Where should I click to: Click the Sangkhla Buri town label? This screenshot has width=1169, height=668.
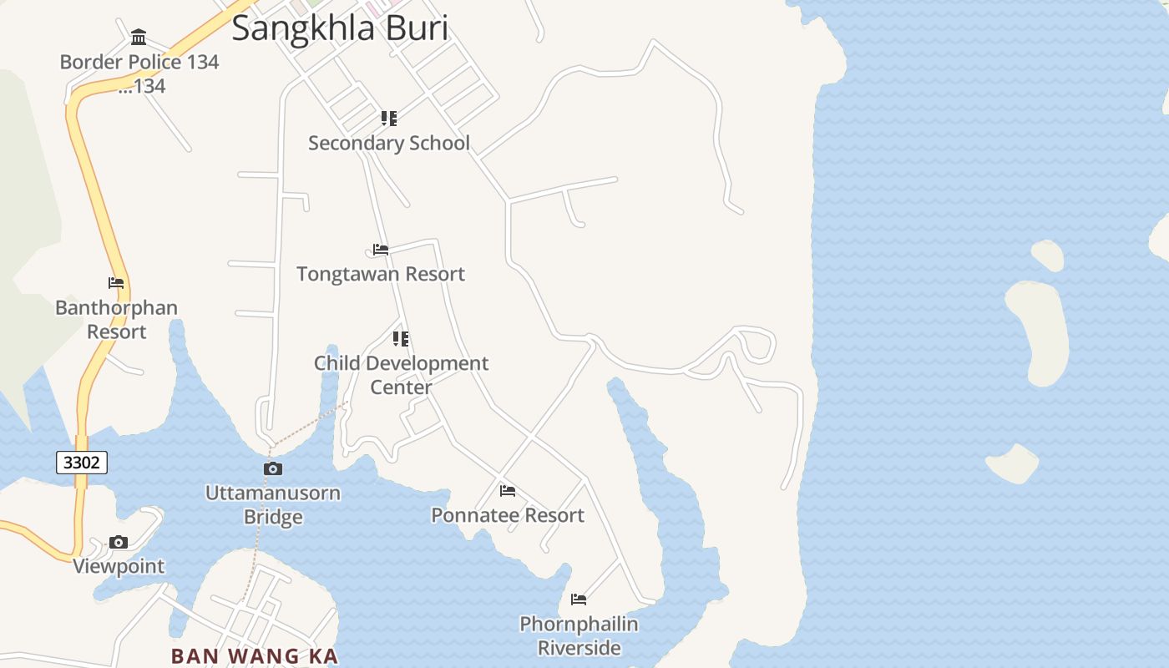click(340, 28)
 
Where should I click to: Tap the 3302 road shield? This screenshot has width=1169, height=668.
click(82, 462)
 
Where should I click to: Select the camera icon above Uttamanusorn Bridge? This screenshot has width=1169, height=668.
click(273, 468)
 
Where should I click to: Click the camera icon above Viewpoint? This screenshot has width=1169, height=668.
click(119, 542)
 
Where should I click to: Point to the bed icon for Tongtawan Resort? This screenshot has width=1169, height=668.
click(381, 250)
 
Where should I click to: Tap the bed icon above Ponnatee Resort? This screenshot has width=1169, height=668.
click(508, 491)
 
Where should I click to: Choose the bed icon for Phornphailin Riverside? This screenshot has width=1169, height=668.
click(579, 600)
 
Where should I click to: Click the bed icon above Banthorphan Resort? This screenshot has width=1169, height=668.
click(116, 283)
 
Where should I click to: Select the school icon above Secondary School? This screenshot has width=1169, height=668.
click(389, 119)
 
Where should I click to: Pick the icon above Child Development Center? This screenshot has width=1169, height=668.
click(401, 339)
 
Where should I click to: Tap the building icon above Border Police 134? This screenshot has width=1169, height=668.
click(139, 38)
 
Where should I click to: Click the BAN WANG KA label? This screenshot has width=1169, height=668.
click(255, 655)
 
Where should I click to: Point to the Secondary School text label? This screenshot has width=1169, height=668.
click(389, 143)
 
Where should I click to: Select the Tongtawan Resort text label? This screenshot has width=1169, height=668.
click(381, 274)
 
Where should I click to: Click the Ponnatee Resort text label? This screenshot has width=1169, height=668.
click(508, 515)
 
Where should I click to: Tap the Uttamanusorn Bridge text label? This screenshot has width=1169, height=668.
click(273, 504)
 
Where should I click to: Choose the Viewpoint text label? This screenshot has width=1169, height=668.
click(119, 566)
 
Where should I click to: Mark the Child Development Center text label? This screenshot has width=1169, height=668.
click(401, 375)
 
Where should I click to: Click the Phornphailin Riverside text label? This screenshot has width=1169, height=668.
click(579, 635)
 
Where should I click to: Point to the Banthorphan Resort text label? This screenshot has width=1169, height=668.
click(116, 319)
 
